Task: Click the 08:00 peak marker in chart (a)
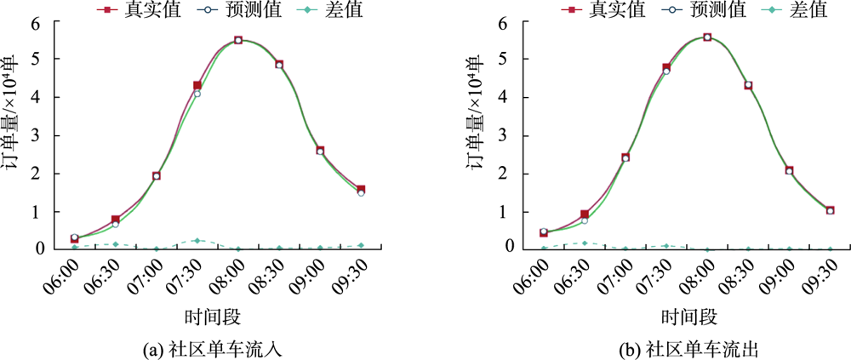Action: coord(238,40)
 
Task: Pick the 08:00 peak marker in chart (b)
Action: coord(707,37)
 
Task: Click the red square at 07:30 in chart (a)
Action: coord(197,85)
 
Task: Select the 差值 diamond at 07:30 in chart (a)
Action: coord(197,241)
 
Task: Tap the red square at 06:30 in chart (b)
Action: coord(585,214)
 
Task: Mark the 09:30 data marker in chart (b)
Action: coord(831,210)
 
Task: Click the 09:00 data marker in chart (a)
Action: coord(320,151)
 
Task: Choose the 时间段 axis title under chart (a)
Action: coord(213,317)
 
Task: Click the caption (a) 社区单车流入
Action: coord(213,349)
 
